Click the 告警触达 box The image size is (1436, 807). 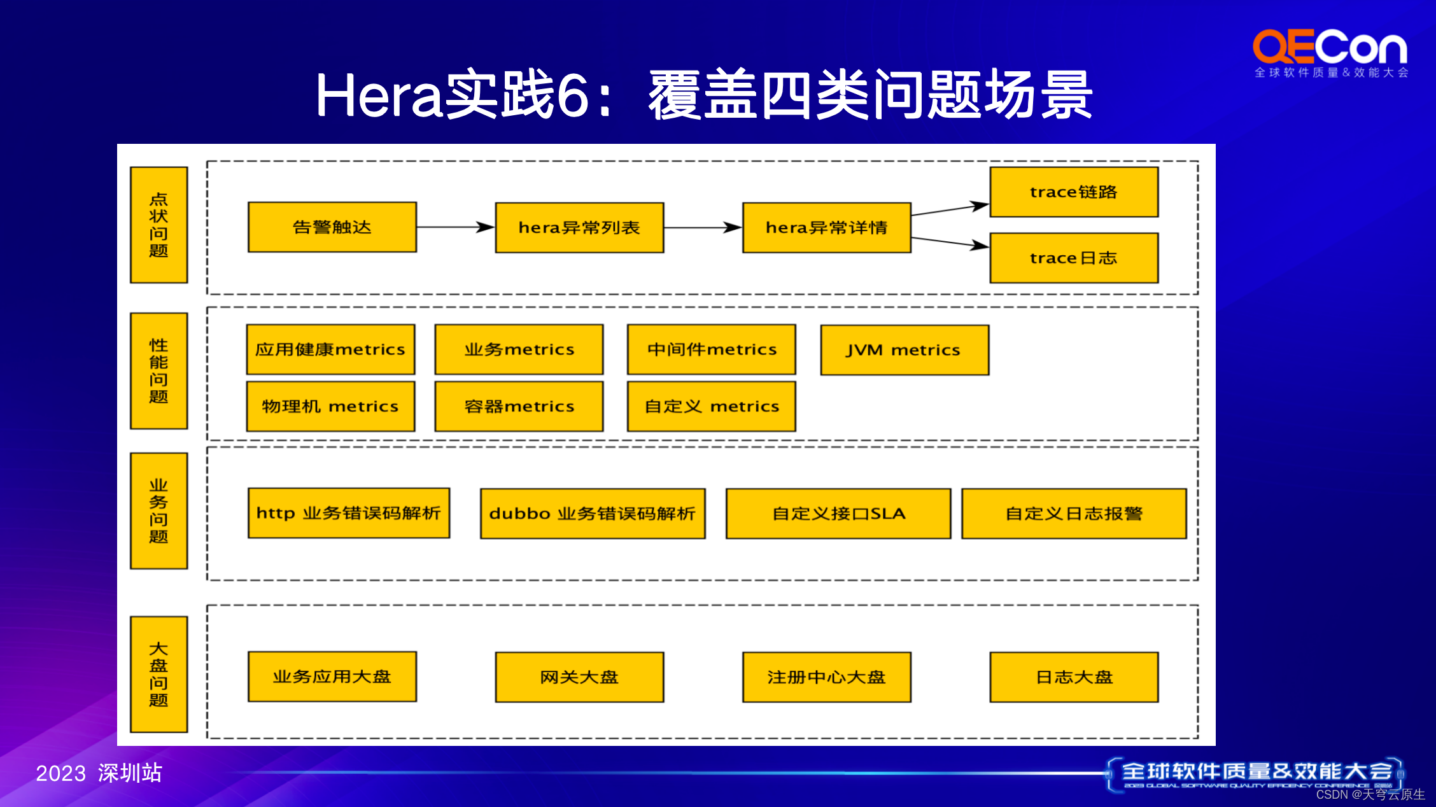(332, 227)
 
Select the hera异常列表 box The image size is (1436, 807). (579, 228)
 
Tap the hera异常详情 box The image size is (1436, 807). (826, 228)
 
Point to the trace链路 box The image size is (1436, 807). (1073, 192)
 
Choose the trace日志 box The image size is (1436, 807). (1073, 258)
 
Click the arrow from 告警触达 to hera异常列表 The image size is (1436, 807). (456, 227)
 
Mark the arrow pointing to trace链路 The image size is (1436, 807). (950, 209)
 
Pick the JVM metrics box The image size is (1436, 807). (904, 350)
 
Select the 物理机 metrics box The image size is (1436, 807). (330, 407)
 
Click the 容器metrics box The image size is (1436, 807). (519, 407)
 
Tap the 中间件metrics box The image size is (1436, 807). (711, 349)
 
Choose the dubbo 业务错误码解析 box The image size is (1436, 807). (592, 514)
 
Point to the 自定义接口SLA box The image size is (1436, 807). (838, 514)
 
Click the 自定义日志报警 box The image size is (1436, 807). (1073, 514)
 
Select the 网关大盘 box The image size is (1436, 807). (579, 677)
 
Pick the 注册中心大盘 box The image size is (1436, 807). (826, 677)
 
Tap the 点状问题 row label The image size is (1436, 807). (158, 225)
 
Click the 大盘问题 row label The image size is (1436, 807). (158, 674)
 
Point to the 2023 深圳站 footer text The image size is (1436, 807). (99, 773)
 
